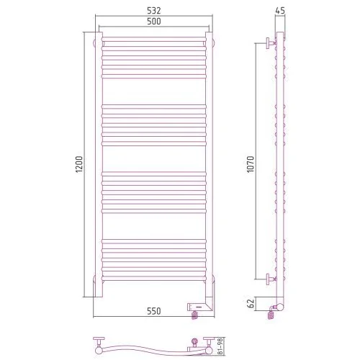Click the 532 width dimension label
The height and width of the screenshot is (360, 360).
coord(154,11)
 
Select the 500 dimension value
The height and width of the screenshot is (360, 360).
coord(154,22)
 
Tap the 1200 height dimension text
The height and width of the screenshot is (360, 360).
coord(79,164)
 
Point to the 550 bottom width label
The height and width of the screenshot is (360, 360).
coord(154,311)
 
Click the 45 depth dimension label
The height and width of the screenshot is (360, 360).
coord(280,11)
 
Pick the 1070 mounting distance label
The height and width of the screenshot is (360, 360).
coord(251,164)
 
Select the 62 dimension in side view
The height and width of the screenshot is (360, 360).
coord(251,304)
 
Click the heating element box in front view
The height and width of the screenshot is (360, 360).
coord(199,307)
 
